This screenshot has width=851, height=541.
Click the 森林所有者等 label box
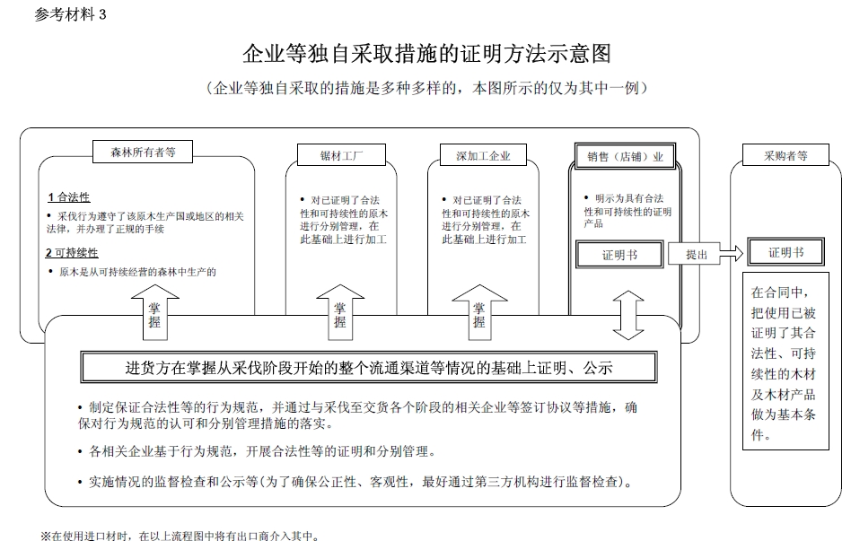[x=143, y=152]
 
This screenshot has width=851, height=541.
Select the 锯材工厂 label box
[x=341, y=155]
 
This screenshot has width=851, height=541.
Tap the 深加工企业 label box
[x=483, y=155]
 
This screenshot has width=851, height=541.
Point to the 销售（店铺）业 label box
[x=625, y=156]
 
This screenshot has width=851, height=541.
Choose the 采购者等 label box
[x=785, y=155]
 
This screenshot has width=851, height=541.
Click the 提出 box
[x=694, y=253]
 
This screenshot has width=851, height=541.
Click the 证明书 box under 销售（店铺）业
[x=619, y=255]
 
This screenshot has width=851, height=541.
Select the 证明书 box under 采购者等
[x=785, y=252]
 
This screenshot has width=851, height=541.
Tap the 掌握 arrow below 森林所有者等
[x=154, y=312]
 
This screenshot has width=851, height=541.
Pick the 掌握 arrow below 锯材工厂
[x=340, y=312]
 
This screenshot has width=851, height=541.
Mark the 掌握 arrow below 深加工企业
[x=479, y=312]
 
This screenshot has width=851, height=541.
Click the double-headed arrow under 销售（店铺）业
[x=628, y=315]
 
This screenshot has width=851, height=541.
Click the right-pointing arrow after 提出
[x=731, y=253]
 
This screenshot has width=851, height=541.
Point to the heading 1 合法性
[x=68, y=197]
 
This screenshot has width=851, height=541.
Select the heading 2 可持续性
[x=72, y=253]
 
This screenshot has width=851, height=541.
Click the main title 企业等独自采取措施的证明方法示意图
[x=426, y=54]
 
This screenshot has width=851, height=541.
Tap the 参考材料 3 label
[x=70, y=14]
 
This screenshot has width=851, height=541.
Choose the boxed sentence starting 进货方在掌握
[x=369, y=368]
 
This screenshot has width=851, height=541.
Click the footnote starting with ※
[x=180, y=536]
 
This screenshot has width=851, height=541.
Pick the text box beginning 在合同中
[x=785, y=362]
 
